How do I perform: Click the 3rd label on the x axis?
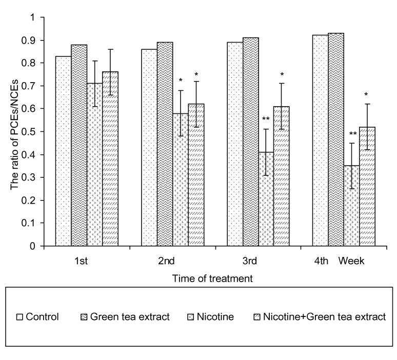pos(250,261)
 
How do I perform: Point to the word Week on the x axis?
pos(351,261)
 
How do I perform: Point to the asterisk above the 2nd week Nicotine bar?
pos(181,81)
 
